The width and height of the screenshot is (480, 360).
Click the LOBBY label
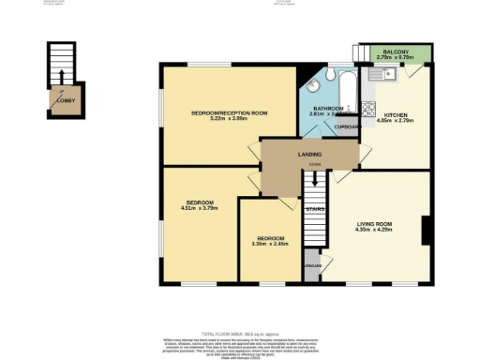[63, 100]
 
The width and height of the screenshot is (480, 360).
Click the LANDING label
[310, 154]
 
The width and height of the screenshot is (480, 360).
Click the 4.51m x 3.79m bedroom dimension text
[199, 209]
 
